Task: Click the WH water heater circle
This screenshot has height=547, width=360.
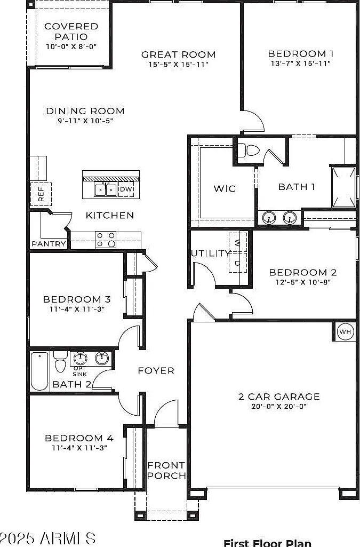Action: [x=345, y=331]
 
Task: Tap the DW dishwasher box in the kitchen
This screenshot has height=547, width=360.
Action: [x=126, y=189]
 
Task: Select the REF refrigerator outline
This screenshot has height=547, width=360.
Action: [x=41, y=194]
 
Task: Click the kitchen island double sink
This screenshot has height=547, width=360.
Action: [x=105, y=190]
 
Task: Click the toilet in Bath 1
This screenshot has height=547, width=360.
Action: [x=250, y=150]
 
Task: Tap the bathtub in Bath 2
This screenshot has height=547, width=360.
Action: [x=39, y=371]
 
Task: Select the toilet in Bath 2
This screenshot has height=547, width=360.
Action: [x=61, y=361]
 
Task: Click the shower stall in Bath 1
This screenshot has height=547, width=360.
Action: [x=343, y=188]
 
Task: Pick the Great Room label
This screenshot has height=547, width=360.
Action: [x=179, y=54]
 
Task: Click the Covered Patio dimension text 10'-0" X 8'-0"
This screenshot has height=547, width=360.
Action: [x=71, y=46]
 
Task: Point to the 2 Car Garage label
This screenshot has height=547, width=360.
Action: [x=279, y=397]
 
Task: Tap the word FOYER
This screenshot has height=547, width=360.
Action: [x=156, y=370]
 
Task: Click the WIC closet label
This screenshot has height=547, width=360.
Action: [x=225, y=189]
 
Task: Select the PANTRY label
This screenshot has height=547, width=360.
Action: [x=49, y=244]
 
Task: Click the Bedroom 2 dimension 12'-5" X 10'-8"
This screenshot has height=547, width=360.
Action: [x=303, y=282]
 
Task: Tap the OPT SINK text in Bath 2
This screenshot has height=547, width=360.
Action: [x=80, y=371]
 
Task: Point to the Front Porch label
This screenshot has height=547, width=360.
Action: [x=166, y=470]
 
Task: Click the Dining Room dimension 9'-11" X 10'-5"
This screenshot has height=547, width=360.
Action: [x=85, y=121]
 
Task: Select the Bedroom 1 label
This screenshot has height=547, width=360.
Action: [x=301, y=54]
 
